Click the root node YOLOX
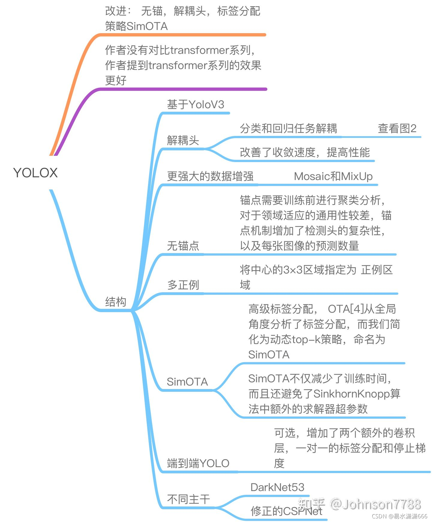tap(35, 173)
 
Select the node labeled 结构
tap(115, 302)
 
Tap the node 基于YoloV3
tap(195, 105)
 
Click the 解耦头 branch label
tap(183, 140)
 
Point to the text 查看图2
tap(397, 128)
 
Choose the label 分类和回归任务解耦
tap(288, 128)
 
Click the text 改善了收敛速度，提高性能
tap(304, 152)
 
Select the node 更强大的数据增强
tap(210, 177)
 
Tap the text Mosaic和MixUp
tap(333, 177)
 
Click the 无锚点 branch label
tap(183, 246)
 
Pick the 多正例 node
tap(183, 285)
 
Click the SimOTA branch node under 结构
tap(187, 382)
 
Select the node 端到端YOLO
tap(198, 463)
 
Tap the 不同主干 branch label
tap(188, 499)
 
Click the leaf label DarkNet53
tap(277, 487)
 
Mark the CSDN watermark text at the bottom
tap(399, 516)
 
